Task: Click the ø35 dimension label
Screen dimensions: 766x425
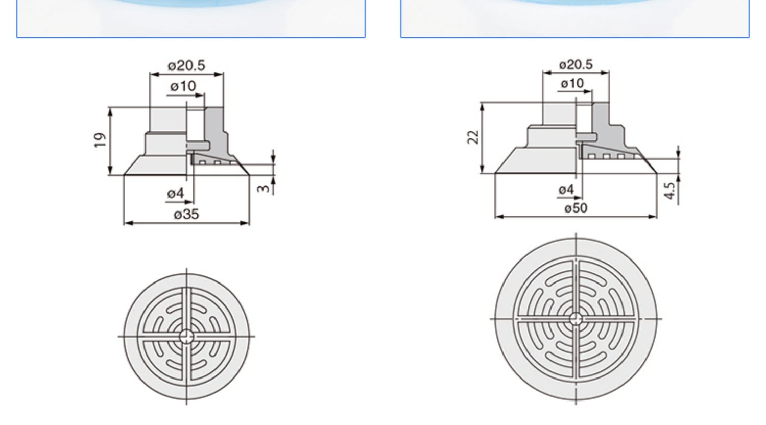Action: (x=186, y=214)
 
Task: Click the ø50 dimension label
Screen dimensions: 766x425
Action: (x=576, y=208)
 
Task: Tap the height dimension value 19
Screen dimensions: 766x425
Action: (x=100, y=140)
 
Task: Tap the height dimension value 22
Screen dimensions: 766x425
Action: (x=473, y=137)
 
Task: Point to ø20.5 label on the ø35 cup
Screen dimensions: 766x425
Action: (x=186, y=65)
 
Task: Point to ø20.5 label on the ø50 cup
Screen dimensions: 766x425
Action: (x=576, y=64)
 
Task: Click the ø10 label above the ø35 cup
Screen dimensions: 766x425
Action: (x=183, y=86)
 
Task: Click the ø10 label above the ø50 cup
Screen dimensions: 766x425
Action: (x=572, y=83)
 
